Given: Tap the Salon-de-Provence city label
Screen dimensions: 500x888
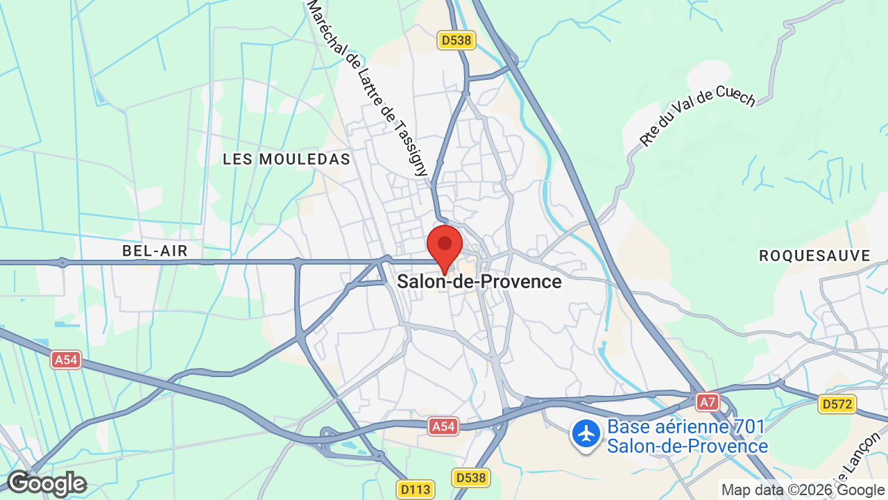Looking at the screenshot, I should point(479,281).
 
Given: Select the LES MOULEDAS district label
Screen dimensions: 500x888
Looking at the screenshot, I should point(287,159).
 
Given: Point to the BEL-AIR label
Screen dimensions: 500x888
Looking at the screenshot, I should point(155,251).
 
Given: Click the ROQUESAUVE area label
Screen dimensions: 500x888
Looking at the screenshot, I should point(814,256).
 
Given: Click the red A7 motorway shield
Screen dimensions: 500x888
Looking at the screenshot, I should point(707,402).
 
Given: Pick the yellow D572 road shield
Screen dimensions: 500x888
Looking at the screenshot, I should point(837,404).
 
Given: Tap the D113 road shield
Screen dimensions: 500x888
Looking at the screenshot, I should point(416,489).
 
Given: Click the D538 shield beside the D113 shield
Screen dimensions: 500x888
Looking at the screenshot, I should point(471,478).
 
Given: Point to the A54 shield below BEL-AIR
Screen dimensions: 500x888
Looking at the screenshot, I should point(67,359).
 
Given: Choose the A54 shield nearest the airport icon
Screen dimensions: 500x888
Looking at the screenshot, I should point(443,426).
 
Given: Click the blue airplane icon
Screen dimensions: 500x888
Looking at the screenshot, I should point(586,434).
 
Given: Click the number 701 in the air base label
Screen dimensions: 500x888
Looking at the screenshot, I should point(749,426).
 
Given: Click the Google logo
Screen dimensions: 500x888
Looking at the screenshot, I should point(46,483).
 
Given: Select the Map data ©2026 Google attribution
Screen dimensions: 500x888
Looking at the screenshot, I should point(803,490).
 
